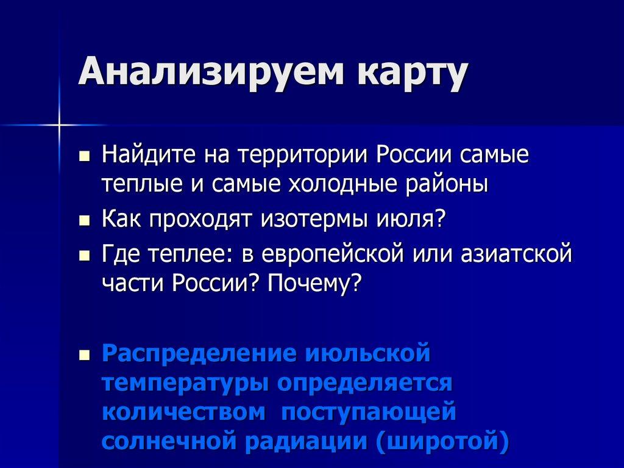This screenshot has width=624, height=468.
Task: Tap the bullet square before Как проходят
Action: tap(85, 219)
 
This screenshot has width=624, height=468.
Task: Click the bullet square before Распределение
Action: tap(85, 355)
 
